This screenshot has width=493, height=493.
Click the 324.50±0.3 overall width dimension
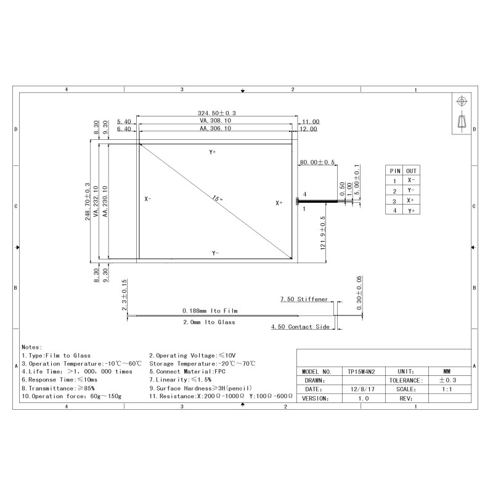coord(217,113)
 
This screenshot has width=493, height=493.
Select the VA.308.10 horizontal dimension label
coord(215,121)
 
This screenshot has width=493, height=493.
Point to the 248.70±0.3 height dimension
coord(88,202)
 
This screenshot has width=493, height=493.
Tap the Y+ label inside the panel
coord(213,152)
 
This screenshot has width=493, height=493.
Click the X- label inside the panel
coord(148,199)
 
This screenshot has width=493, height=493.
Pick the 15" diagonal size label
coord(218,198)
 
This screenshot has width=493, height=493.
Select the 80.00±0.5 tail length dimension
coord(317,162)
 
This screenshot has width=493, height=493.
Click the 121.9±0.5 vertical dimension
coord(323,234)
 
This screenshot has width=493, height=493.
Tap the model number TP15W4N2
coord(361,372)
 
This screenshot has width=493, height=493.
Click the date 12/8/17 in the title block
coord(362,389)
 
